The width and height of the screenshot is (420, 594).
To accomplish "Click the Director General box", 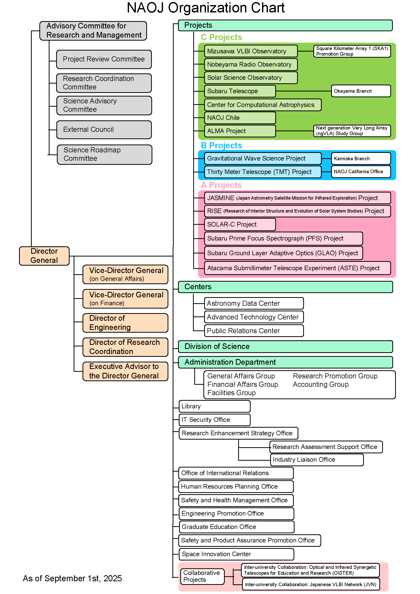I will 44,256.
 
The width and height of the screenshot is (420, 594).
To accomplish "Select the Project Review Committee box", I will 104,59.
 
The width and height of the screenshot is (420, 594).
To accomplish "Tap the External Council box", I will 104,130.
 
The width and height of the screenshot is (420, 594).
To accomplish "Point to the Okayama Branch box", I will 361,91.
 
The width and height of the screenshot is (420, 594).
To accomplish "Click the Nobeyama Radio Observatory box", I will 250,65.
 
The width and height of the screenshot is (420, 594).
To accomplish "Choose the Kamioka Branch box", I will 361,158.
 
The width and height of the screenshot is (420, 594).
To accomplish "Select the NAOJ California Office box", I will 361,172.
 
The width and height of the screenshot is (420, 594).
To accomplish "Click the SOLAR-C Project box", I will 239,224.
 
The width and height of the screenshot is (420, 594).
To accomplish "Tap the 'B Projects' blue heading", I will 221,146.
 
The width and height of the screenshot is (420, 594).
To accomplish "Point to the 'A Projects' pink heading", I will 221,185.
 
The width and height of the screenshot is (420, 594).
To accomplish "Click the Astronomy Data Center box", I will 253,303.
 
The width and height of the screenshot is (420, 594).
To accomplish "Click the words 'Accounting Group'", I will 321,385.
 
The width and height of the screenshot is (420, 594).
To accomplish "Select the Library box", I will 214,406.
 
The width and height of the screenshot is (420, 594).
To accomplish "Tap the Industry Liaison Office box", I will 317,460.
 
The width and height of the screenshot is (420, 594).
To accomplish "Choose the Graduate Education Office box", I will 236,527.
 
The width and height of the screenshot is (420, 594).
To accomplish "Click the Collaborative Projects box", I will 202,576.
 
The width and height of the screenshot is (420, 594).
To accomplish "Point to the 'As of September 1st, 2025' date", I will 72,579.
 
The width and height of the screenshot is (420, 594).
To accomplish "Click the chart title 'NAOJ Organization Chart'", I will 206,8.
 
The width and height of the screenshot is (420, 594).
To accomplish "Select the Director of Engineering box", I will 125,323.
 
